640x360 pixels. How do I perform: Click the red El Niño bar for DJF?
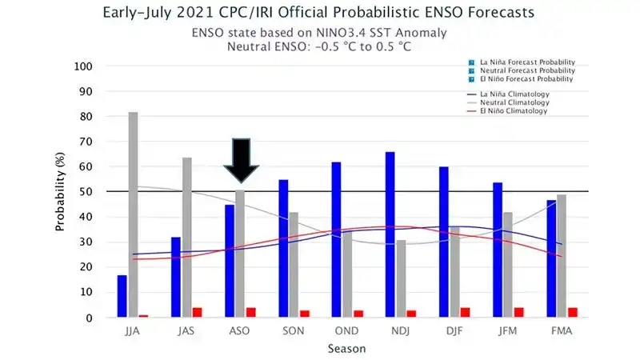point(465,312)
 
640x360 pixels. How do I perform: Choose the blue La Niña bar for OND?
point(336,239)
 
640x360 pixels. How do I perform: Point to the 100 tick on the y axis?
point(83,66)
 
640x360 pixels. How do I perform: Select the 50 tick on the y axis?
point(86,192)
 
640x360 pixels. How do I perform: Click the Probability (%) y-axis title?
point(60,192)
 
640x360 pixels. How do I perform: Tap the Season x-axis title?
point(347,349)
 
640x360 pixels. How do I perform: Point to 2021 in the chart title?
point(193,14)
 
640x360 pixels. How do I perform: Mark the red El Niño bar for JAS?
point(197,312)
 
